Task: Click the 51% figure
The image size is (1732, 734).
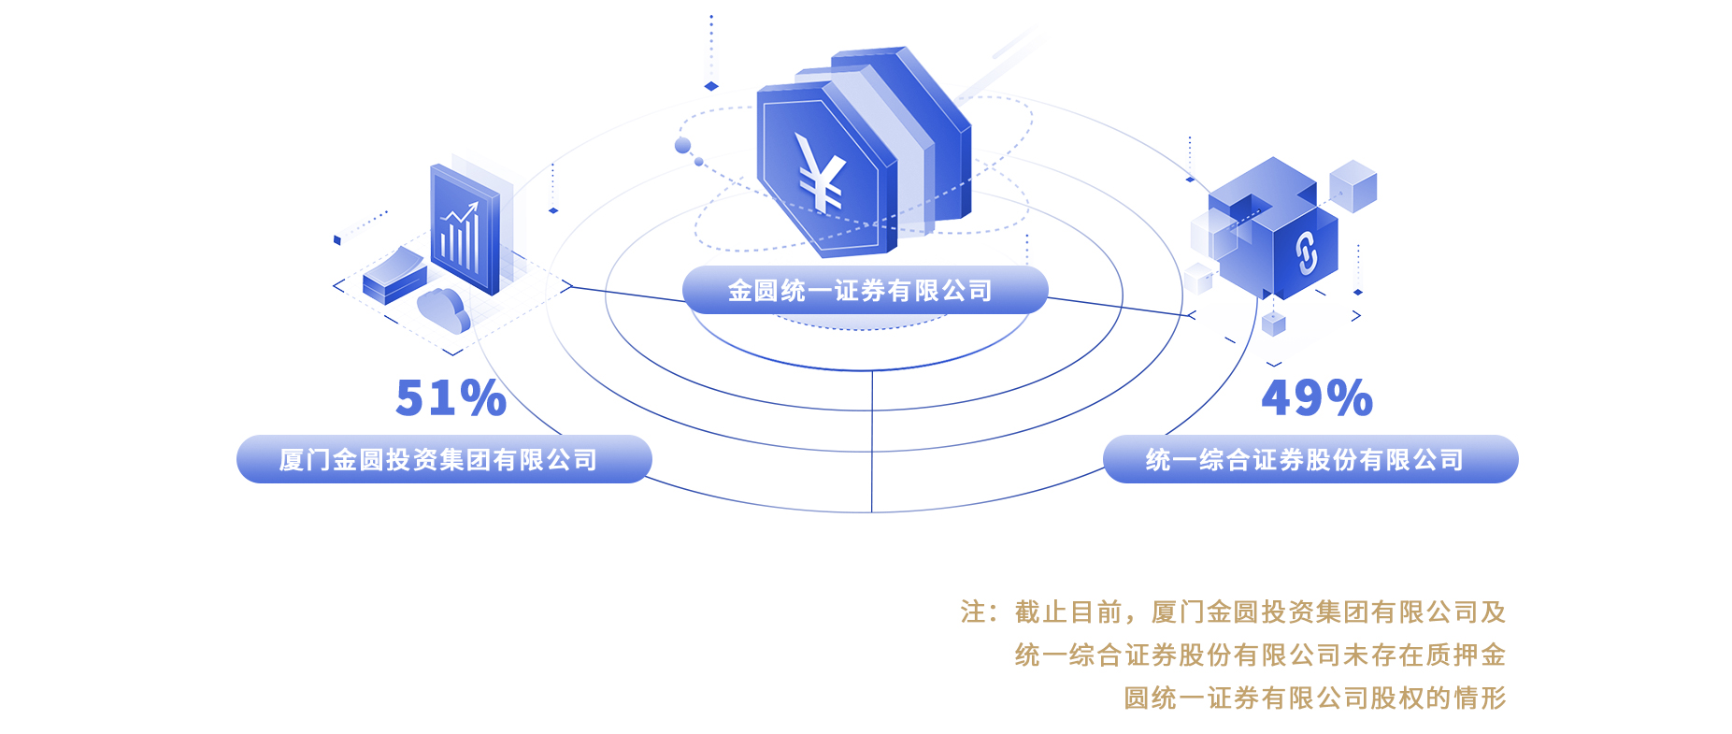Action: [x=451, y=398]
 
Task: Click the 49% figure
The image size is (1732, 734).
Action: [x=1316, y=398]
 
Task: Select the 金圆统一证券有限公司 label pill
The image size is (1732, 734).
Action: [x=865, y=291]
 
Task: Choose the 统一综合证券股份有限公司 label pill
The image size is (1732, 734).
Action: [x=1310, y=459]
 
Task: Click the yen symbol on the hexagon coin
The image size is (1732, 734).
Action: [x=820, y=173]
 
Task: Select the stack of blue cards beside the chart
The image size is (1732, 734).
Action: [x=394, y=277]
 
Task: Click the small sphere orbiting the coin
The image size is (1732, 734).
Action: [x=683, y=145]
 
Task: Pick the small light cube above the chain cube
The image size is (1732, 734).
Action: [x=1353, y=185]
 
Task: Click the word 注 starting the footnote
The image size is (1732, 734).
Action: [x=972, y=612]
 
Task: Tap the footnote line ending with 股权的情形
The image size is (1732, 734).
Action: [x=1314, y=698]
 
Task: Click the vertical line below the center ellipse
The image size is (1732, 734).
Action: [x=872, y=439]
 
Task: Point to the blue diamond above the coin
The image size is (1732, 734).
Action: [x=711, y=86]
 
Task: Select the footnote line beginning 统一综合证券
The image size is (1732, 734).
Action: [x=1260, y=655]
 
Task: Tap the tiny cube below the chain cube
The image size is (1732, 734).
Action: [x=1273, y=324]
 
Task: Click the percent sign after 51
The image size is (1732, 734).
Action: [x=482, y=398]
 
